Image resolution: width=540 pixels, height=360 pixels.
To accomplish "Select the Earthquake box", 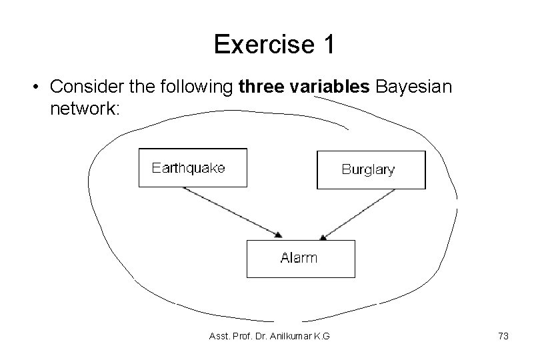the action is point(192,167).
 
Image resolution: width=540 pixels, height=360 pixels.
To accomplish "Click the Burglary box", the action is point(371,170).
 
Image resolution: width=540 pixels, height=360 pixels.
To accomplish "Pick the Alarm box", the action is point(301,259).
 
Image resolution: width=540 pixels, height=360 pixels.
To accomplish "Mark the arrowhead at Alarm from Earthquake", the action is point(278,235).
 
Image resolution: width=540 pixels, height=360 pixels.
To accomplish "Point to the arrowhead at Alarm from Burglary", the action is point(323,236).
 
